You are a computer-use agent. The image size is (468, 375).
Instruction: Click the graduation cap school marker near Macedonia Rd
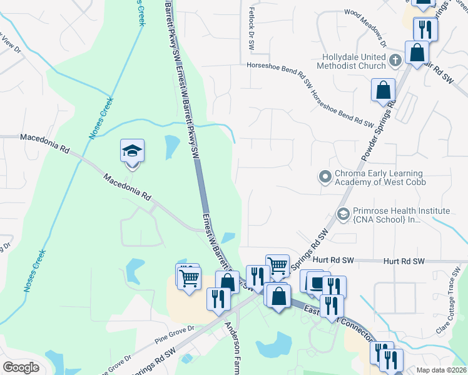click(132, 151)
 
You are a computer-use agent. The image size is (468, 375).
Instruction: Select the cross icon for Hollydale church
click(395, 60)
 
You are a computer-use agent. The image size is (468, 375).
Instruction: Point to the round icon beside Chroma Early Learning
click(324, 177)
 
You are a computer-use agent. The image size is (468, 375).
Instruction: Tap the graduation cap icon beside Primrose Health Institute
click(342, 214)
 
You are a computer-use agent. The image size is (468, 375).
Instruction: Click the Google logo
click(21, 367)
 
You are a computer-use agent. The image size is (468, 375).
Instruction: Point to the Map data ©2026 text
click(441, 370)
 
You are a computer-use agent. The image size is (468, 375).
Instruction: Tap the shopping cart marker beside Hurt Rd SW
click(277, 265)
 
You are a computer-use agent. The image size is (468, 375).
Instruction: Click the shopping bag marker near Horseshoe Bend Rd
click(383, 90)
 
